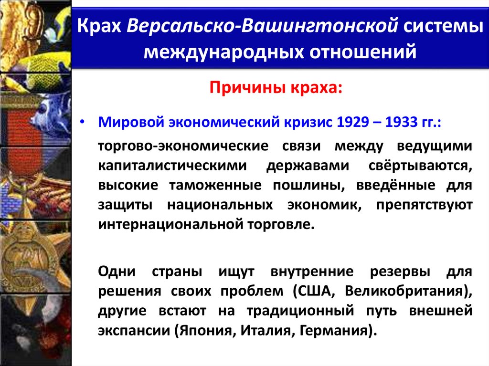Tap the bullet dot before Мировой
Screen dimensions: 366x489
82,123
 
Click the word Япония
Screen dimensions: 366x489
204,331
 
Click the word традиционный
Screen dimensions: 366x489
300,311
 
